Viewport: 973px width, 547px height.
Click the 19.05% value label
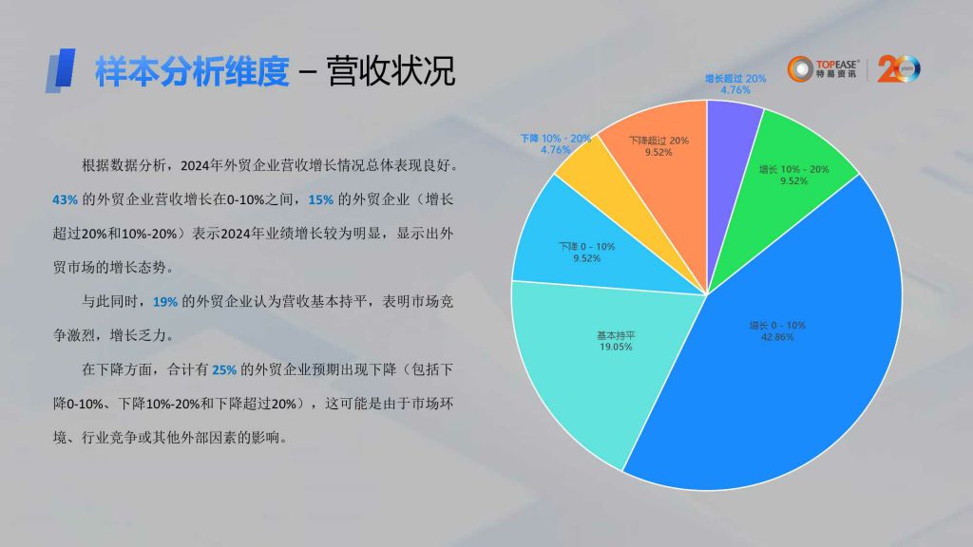click(616, 347)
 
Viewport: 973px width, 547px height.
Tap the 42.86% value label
click(777, 337)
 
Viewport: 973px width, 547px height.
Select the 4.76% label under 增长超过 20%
click(735, 90)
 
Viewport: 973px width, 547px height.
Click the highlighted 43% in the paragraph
click(66, 199)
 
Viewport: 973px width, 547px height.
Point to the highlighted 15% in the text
click(321, 199)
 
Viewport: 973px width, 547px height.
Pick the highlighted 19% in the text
click(165, 302)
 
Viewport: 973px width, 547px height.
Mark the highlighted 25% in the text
click(224, 370)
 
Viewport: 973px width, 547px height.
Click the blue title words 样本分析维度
click(192, 71)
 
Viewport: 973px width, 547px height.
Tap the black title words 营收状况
click(391, 71)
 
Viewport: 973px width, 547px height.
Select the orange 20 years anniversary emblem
click(899, 68)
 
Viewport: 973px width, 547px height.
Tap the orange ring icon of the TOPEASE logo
click(800, 68)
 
